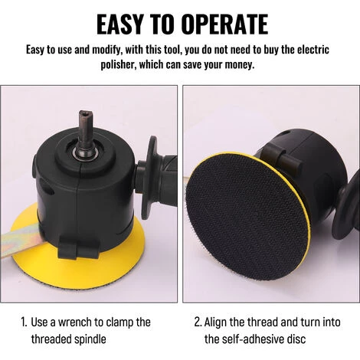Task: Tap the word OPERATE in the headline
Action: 225,25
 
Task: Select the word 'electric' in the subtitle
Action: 313,50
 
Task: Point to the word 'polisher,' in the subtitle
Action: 119,65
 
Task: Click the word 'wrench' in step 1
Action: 74,322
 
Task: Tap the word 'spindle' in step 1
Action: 90,340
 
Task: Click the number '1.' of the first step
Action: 24,322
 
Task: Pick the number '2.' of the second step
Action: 198,322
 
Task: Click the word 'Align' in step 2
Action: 215,323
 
